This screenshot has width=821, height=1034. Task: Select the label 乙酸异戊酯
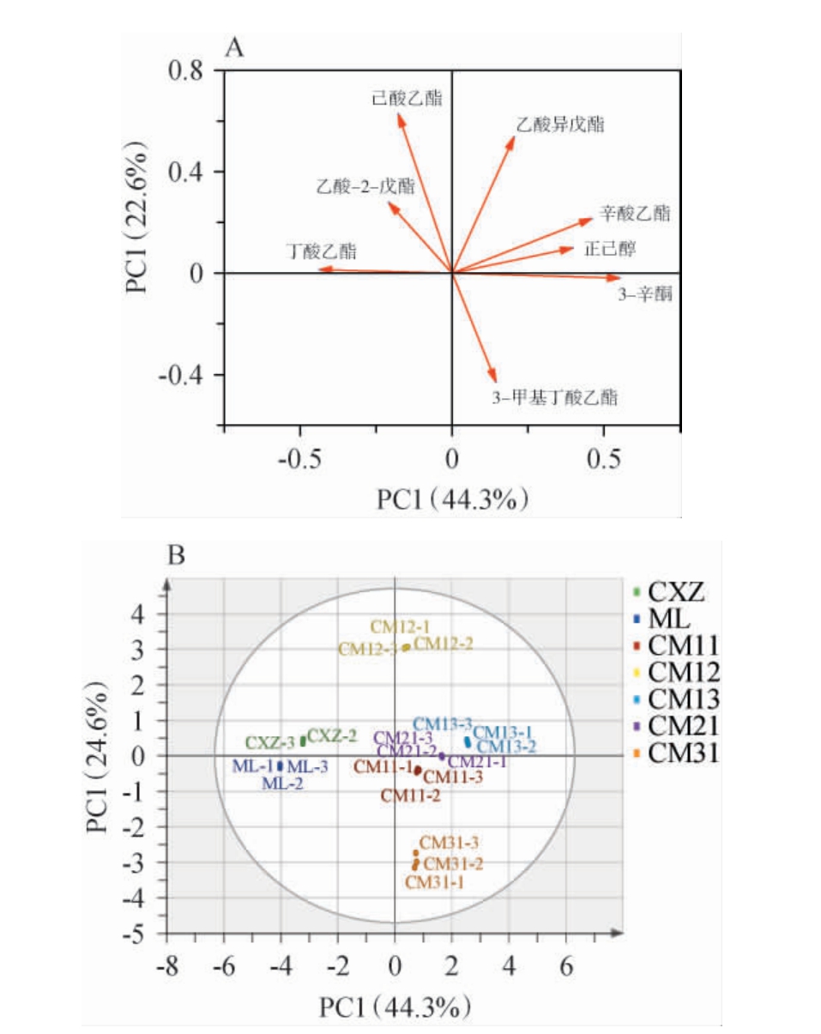tap(560, 124)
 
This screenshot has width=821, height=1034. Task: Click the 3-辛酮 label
tap(644, 296)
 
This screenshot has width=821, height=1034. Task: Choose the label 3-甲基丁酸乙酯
tap(554, 397)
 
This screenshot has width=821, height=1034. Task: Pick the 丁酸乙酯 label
tap(322, 251)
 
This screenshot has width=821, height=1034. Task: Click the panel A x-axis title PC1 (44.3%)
tap(452, 499)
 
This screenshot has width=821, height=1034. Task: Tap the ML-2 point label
tap(283, 783)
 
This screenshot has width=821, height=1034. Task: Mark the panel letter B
tap(177, 557)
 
